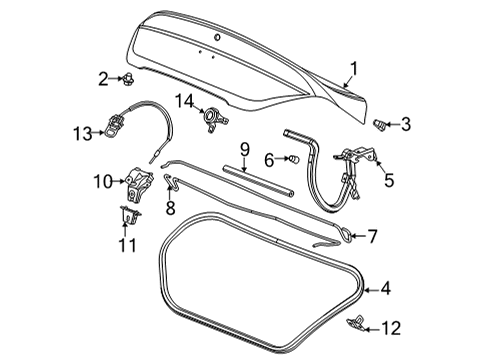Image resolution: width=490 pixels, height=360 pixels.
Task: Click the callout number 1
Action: tap(351, 68)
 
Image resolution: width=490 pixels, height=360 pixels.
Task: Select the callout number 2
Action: tap(104, 78)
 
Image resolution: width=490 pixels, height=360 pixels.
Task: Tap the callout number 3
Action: tap(405, 126)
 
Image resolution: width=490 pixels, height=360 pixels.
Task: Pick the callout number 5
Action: tap(389, 181)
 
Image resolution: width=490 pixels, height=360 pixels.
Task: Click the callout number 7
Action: tap(371, 238)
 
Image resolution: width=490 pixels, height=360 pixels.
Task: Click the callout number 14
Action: tap(184, 100)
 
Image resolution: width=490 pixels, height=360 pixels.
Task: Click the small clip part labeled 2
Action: tap(129, 78)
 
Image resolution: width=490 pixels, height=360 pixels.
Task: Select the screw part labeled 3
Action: tap(380, 125)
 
